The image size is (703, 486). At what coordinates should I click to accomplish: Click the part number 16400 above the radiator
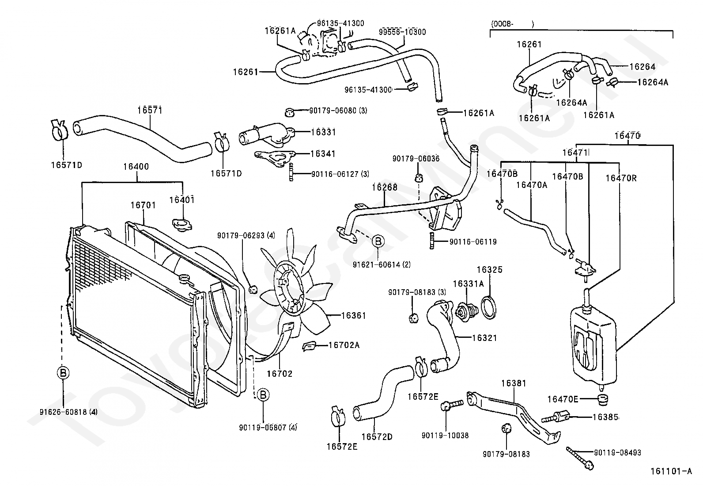tap(136, 166)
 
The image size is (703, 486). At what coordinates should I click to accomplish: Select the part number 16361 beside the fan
tap(353, 315)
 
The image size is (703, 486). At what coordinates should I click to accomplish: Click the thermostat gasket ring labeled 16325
tap(489, 307)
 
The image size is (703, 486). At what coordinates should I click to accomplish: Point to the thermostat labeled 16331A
tap(467, 311)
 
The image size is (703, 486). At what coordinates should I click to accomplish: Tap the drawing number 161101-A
tap(671, 471)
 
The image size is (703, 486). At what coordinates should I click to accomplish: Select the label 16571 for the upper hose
tap(150, 110)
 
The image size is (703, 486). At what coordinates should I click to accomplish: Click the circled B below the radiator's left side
tap(63, 373)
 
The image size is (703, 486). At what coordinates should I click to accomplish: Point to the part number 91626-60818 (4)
tap(68, 412)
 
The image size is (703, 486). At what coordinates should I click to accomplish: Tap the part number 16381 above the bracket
tap(514, 383)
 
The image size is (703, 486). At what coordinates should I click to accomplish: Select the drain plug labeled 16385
tap(556, 417)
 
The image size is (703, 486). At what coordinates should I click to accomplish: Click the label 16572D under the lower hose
tap(377, 436)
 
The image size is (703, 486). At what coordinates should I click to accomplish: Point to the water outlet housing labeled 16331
tap(267, 135)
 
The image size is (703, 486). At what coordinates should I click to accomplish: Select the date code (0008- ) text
tap(512, 24)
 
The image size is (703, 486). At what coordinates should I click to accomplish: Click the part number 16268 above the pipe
tap(385, 188)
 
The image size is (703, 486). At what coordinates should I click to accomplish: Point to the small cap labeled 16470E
tap(602, 399)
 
